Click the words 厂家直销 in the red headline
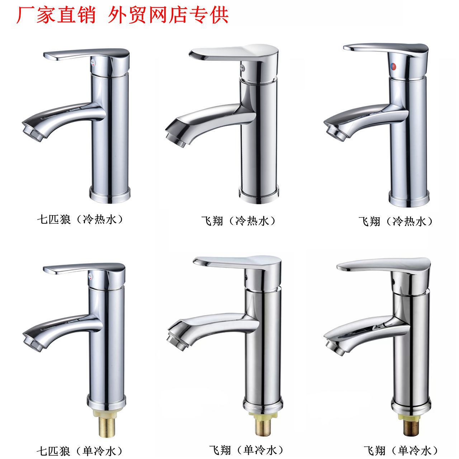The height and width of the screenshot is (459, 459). (56, 16)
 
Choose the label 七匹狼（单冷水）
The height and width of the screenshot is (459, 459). (80, 444)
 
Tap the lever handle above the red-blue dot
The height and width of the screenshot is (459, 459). (386, 51)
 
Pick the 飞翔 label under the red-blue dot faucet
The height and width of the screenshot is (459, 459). (369, 222)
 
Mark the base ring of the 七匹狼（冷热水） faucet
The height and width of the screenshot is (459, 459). (110, 195)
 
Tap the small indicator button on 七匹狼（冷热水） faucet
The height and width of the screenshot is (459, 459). (93, 63)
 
